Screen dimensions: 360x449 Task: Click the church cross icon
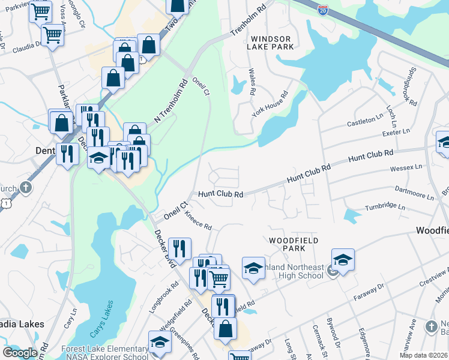click(x=25, y=188)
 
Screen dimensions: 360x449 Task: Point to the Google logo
click(x=19, y=353)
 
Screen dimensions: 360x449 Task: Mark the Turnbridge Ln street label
click(x=385, y=207)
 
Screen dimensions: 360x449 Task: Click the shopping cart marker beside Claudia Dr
click(x=52, y=35)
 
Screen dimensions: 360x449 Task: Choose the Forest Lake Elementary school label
click(x=104, y=349)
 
